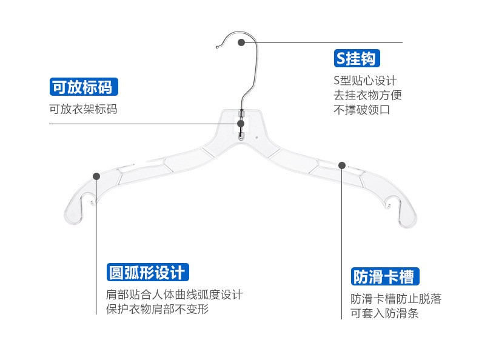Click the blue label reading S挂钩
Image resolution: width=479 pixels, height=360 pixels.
coord(357,59)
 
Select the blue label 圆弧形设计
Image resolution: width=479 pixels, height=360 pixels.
coord(146,272)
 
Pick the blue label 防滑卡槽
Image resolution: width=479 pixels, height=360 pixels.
coord(384,277)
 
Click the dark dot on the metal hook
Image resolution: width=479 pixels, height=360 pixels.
coord(241,42)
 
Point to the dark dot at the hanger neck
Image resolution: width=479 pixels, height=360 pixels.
coord(241,124)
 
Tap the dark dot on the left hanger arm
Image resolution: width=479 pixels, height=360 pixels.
coord(96,176)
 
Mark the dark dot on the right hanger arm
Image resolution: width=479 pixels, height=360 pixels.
coord(342,165)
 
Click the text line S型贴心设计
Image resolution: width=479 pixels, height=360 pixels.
coord(365,81)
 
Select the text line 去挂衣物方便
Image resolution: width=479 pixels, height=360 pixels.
coord(367,95)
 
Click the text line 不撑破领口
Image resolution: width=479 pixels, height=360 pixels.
coord(361,110)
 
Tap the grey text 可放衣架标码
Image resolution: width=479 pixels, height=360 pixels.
coord(83,110)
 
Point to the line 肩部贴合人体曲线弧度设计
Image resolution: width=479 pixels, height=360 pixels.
coord(174,295)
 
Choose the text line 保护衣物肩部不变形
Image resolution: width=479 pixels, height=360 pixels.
coord(157,309)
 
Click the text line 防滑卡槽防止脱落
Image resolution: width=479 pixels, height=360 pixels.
coord(396,299)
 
